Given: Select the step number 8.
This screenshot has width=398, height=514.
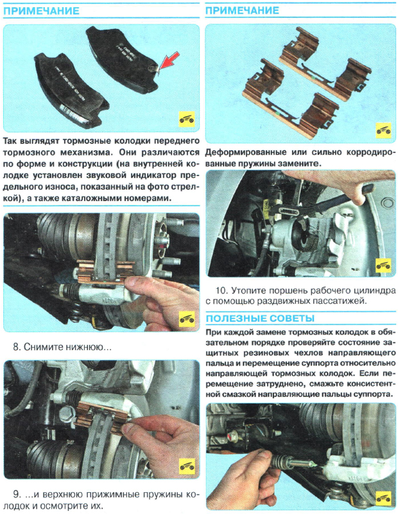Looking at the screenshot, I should coord(16,347).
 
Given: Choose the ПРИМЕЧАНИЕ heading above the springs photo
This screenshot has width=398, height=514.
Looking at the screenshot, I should coord(242,12).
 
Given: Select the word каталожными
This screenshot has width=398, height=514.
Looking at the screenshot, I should coord(98,199).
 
